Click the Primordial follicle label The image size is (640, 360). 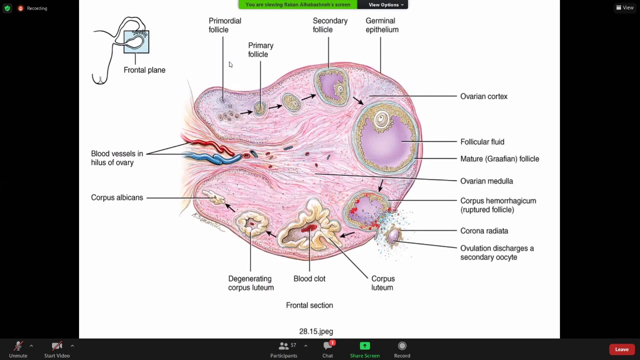point(224,25)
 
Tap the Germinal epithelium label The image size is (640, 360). point(381,25)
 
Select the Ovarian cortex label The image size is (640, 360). point(483,96)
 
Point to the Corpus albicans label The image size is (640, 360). point(117,197)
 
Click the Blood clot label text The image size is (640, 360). point(309,279)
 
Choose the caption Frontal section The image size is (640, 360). point(309,305)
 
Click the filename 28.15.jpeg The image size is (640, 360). point(316,331)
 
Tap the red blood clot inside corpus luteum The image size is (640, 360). point(309,229)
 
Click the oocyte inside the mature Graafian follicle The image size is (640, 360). point(382,119)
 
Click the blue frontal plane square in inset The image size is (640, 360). point(136,42)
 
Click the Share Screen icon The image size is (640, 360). point(364,346)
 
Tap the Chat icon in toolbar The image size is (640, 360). point(328,346)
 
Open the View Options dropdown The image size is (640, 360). point(385,4)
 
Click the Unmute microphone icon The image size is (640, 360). point(18,346)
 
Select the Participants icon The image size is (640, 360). point(283,346)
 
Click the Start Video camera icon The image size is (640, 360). point(56,346)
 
